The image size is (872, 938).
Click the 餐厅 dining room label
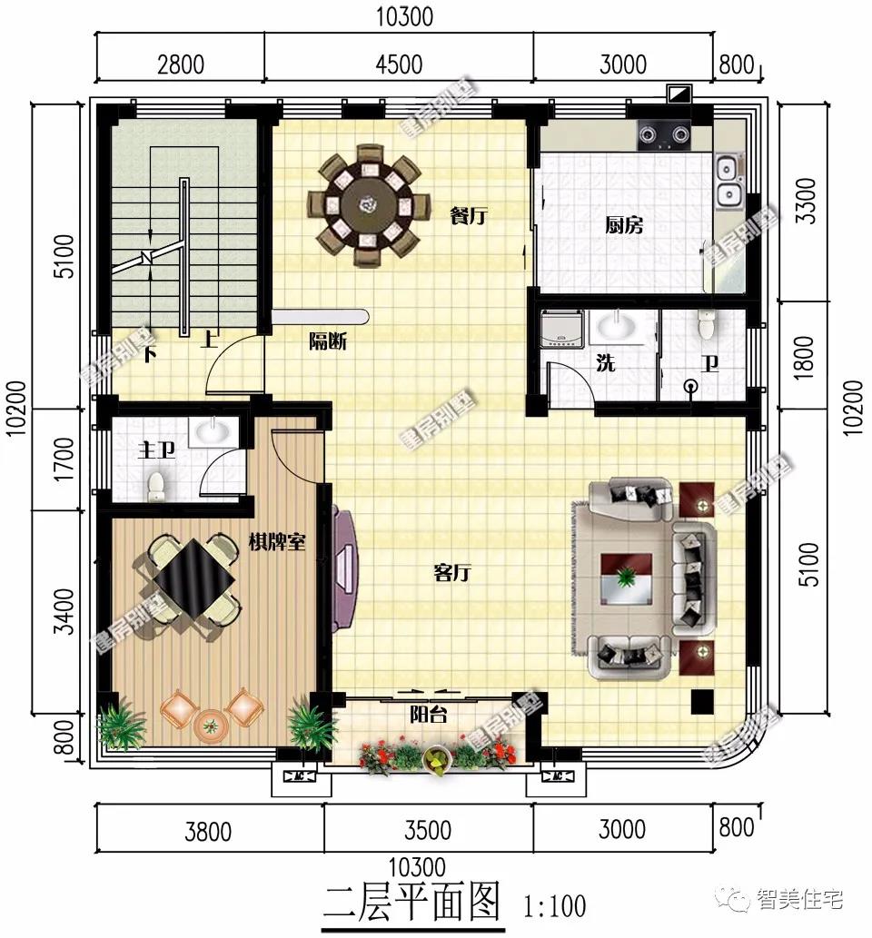[469, 216]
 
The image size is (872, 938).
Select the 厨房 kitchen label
[624, 224]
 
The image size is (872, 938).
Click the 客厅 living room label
[452, 573]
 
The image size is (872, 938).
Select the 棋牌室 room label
[277, 543]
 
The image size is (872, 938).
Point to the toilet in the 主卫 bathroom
[157, 486]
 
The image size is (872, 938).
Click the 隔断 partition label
[327, 342]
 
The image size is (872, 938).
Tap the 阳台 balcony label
[427, 715]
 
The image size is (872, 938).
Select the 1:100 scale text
[555, 906]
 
